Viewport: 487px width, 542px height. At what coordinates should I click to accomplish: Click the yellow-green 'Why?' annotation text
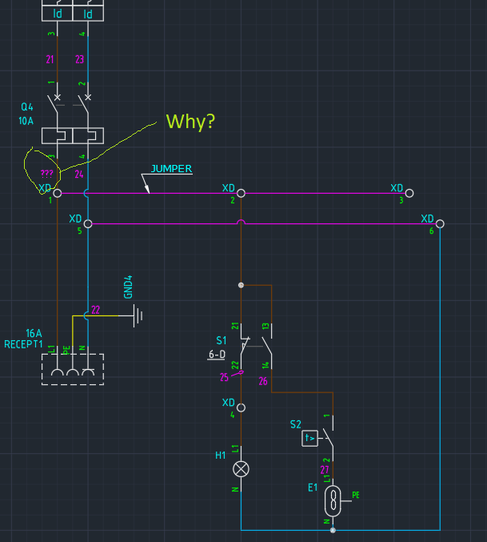(x=190, y=122)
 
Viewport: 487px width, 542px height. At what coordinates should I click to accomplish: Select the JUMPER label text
(x=171, y=169)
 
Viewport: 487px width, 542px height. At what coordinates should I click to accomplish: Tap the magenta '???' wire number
(x=47, y=173)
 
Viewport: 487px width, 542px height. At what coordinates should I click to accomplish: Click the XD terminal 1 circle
(x=57, y=193)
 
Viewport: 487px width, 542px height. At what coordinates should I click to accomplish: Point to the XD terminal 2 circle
(x=241, y=193)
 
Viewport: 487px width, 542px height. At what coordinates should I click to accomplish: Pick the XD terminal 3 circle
(x=409, y=193)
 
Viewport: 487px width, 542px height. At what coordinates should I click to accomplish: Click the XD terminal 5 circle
(x=88, y=223)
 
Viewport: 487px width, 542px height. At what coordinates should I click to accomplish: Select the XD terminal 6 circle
(x=440, y=223)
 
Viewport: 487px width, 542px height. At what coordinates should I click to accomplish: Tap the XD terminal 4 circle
(x=241, y=408)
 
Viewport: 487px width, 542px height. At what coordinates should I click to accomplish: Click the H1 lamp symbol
(x=241, y=468)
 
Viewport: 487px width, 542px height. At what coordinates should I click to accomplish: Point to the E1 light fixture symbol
(x=333, y=501)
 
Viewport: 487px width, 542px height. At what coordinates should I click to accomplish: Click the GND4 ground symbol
(x=138, y=315)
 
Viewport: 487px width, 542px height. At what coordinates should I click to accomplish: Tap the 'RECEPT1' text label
(x=23, y=344)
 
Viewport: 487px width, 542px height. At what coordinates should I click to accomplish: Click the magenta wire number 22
(x=95, y=310)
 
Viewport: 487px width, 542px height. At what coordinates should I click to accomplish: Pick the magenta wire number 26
(x=262, y=382)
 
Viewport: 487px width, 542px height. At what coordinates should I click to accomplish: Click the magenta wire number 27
(x=325, y=470)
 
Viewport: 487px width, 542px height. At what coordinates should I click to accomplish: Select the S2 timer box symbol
(x=309, y=438)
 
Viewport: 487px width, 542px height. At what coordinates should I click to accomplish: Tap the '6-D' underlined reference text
(x=217, y=354)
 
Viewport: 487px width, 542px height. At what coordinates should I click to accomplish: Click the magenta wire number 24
(x=79, y=174)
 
